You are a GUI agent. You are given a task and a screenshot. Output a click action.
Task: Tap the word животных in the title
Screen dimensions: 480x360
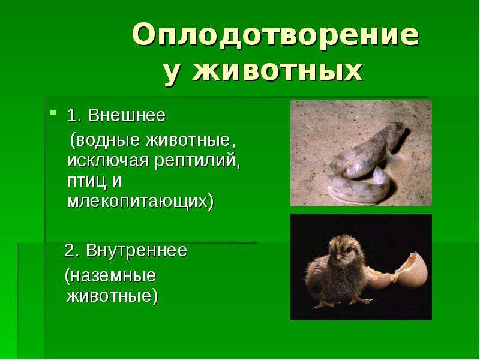278,72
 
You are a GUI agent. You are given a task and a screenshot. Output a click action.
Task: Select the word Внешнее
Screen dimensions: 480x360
127,115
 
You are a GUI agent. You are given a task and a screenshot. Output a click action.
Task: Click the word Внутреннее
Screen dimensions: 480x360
136,250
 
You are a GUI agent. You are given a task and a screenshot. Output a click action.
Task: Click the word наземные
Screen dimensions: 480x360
110,275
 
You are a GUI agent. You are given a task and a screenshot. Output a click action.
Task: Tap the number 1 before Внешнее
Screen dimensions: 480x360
71,116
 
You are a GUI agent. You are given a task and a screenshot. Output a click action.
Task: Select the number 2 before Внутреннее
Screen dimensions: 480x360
70,251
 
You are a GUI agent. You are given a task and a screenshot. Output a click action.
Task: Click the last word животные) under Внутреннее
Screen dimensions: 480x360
112,296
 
